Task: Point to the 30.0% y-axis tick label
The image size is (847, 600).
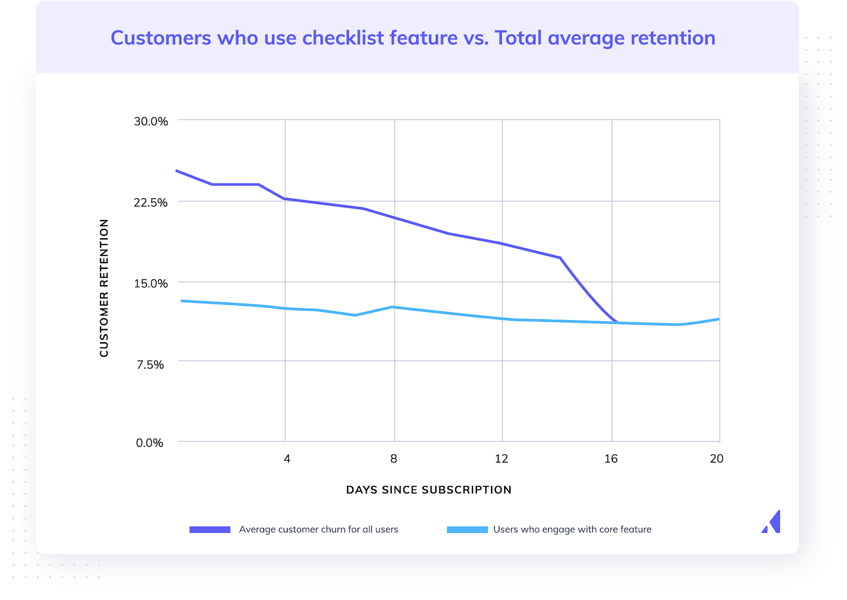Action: pos(151,121)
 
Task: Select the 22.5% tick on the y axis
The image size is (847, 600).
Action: pos(151,202)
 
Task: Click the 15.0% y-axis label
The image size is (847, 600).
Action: pos(151,284)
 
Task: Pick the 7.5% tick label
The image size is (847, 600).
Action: pos(151,365)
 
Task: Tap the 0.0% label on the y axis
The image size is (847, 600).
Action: pos(149,443)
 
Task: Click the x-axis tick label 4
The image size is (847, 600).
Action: pos(287,459)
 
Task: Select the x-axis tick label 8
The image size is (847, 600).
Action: pos(394,459)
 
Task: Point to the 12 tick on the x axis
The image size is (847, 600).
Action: pos(501,459)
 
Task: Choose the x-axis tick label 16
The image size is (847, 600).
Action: pos(611,459)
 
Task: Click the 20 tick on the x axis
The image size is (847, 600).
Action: pos(716,459)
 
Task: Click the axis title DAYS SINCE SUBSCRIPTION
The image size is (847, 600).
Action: pos(429,490)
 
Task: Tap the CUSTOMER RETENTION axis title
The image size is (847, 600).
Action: pos(104,288)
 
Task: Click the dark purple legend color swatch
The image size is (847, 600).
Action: pos(210,529)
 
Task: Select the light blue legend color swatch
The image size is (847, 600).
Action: pos(467,529)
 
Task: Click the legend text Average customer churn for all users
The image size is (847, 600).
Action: pos(318,529)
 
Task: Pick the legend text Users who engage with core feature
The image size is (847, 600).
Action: pos(572,529)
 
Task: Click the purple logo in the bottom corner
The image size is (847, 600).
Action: pos(772,522)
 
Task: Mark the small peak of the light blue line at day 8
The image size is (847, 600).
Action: pos(393,307)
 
